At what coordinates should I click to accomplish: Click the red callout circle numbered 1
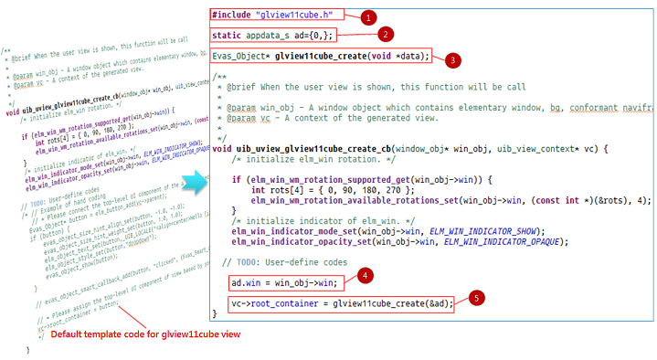coord(368,16)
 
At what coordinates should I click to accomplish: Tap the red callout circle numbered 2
coord(387,35)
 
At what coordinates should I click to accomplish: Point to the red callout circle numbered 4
coord(364,274)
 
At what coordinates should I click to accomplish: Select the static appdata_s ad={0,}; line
coord(273,35)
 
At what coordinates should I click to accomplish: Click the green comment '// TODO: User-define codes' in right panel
coord(282,263)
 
